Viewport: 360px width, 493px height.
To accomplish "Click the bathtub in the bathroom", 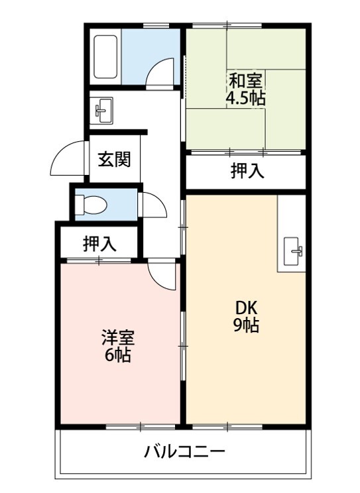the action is pos(106,57).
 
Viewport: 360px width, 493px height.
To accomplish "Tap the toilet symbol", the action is pos(91,204).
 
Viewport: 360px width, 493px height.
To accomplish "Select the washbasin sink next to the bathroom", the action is pos(103,110).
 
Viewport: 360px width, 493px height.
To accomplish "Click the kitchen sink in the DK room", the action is pos(293,251).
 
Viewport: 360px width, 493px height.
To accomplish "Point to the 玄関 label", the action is pos(114,160).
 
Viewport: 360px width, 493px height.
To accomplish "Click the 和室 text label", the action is pos(245,81).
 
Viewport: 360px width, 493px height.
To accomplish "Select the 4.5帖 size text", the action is pos(245,99).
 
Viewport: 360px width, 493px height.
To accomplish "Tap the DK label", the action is pos(247,308).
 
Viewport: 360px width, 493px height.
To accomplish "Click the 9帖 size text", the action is pos(246,325).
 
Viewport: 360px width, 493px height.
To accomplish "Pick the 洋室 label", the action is pos(118,338).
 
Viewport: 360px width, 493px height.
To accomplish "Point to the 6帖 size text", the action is pos(118,355).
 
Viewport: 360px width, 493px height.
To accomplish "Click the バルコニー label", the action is pos(184,452).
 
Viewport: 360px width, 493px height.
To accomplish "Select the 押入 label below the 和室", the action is pos(248,172).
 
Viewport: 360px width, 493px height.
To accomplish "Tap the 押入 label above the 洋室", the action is pos(99,244).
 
